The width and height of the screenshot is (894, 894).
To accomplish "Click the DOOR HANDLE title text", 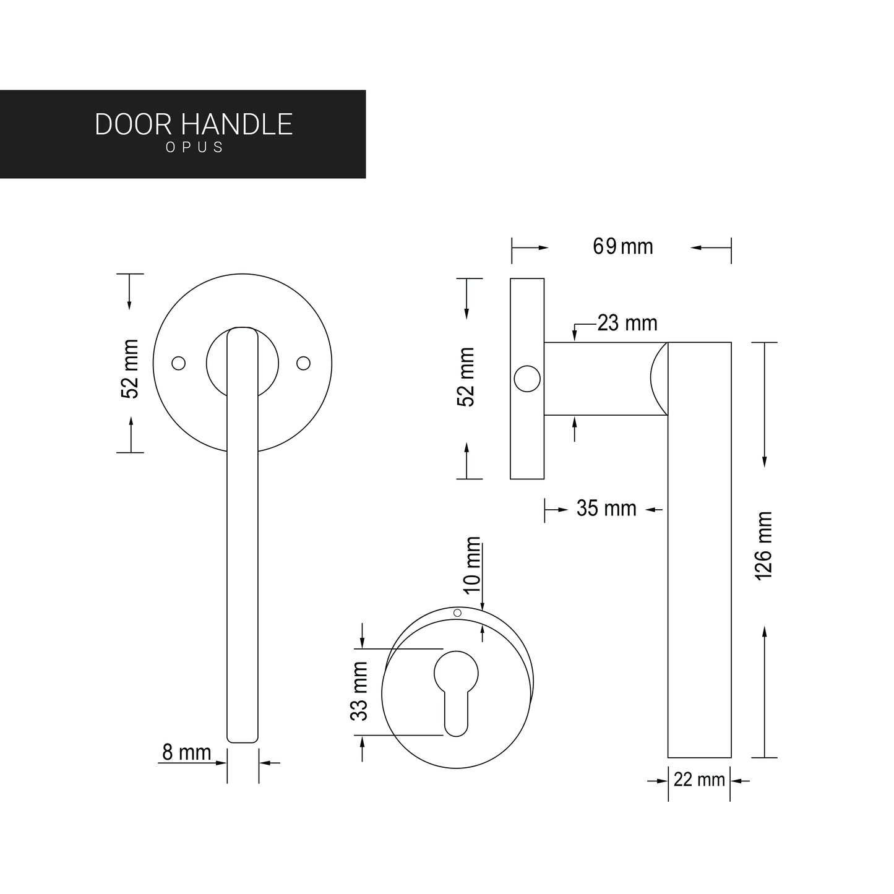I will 194,124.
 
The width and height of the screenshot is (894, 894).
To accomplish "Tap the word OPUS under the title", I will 194,148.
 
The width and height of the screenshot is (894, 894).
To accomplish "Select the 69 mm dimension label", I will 622,247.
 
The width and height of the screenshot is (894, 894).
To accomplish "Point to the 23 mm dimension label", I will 627,324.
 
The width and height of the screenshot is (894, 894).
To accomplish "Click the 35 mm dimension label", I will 606,509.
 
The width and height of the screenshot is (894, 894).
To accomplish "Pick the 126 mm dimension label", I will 765,546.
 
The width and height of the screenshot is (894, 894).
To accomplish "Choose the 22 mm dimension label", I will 699,780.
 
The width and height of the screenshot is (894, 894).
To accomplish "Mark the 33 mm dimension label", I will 359,691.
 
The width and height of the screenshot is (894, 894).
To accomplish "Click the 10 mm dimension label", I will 473,565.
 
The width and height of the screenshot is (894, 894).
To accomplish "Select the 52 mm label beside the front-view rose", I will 131,369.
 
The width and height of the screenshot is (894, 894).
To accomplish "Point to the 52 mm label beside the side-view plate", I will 466,377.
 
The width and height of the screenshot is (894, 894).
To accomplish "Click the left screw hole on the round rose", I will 178,363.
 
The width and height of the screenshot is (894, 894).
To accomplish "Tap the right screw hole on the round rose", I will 303,363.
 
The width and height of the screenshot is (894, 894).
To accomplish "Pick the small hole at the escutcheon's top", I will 458,612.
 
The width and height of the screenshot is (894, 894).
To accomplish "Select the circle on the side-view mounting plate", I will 527,379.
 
